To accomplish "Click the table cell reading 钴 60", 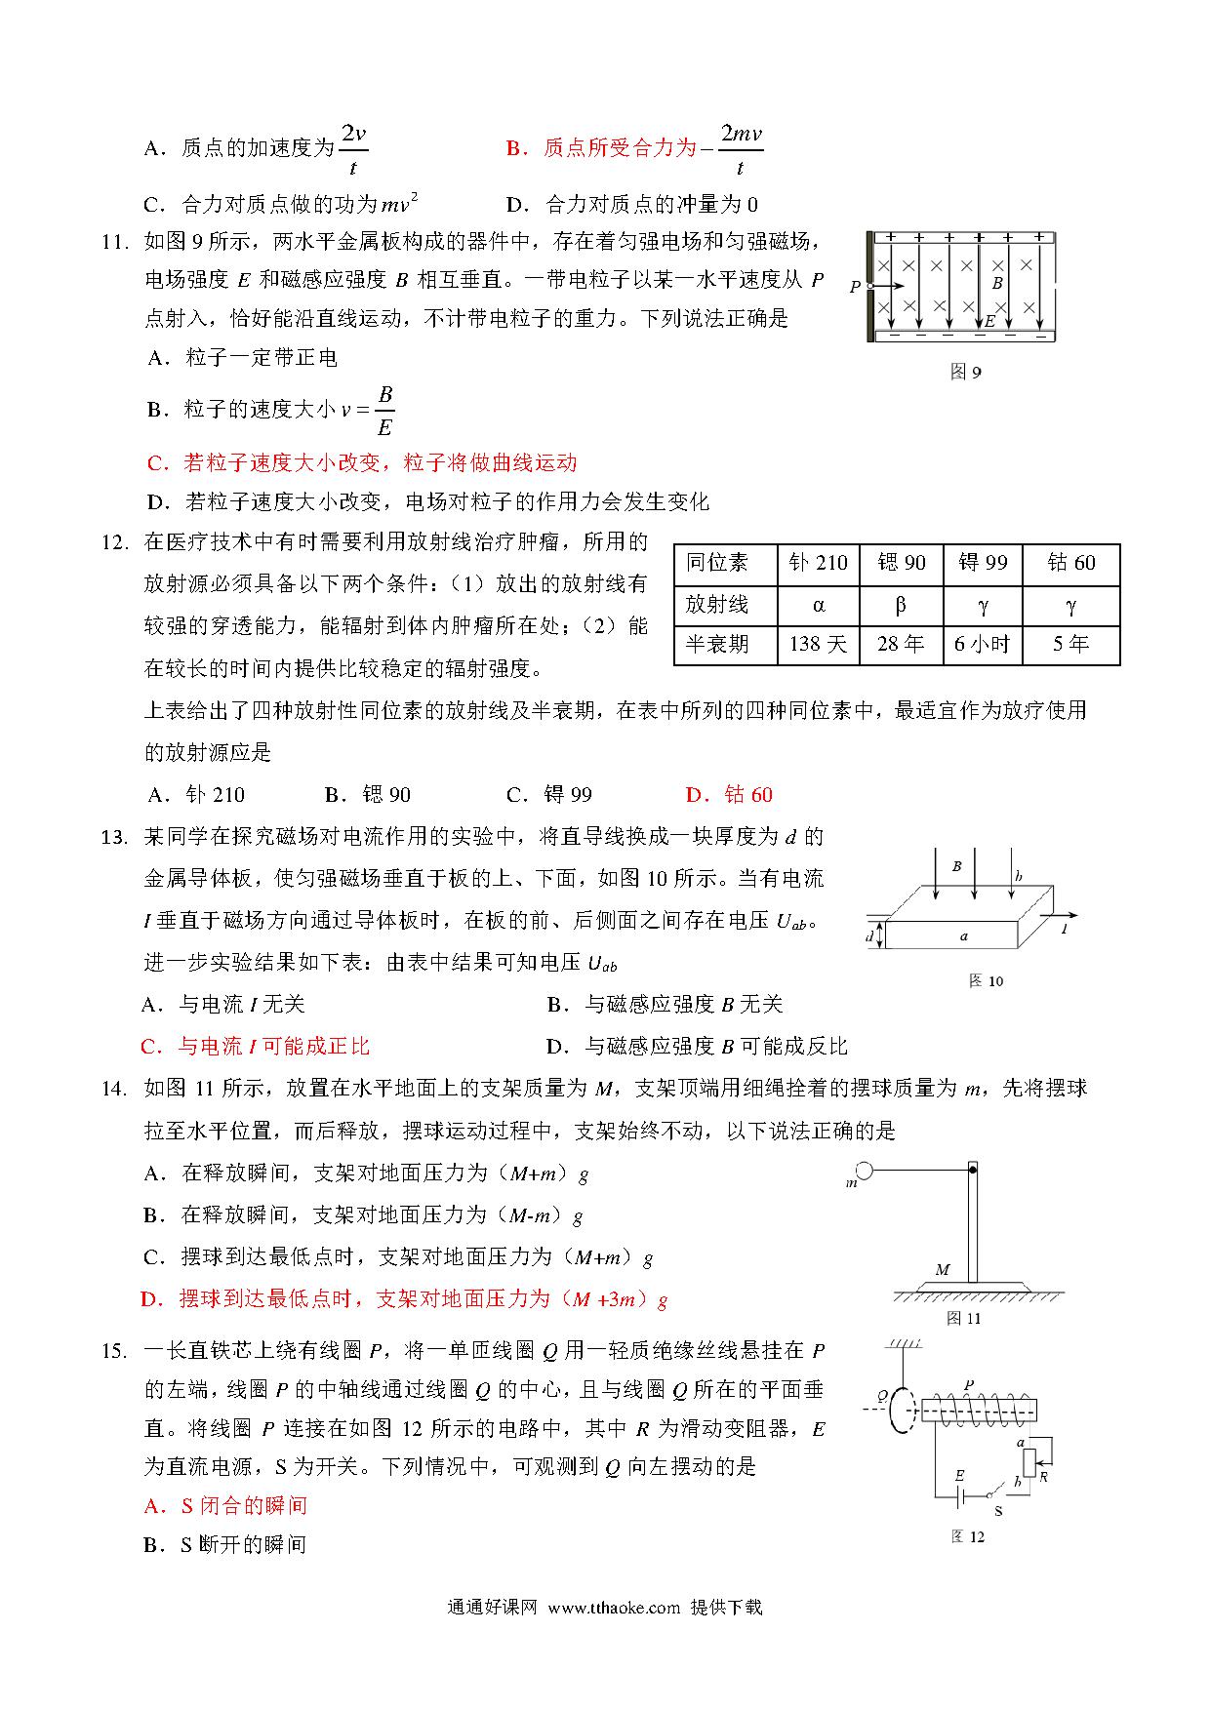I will (x=1070, y=563).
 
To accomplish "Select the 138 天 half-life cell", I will (x=818, y=645).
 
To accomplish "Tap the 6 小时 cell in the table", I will (x=982, y=645).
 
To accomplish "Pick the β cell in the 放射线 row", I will (x=900, y=605).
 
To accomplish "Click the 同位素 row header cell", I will (x=717, y=563).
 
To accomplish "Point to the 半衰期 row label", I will (x=717, y=645).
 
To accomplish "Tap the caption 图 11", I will (x=964, y=1318).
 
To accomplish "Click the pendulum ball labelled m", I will (x=864, y=1171).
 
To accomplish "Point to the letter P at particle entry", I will (x=855, y=287).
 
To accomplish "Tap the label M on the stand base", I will (x=943, y=1269).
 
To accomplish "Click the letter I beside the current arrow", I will (x=1065, y=931).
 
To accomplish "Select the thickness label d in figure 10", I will (x=869, y=936).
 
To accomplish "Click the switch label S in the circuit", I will (x=997, y=1511).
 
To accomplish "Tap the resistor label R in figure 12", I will (x=1043, y=1477).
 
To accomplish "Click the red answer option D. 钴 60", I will (x=729, y=795).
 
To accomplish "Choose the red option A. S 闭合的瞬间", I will (x=225, y=1505).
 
